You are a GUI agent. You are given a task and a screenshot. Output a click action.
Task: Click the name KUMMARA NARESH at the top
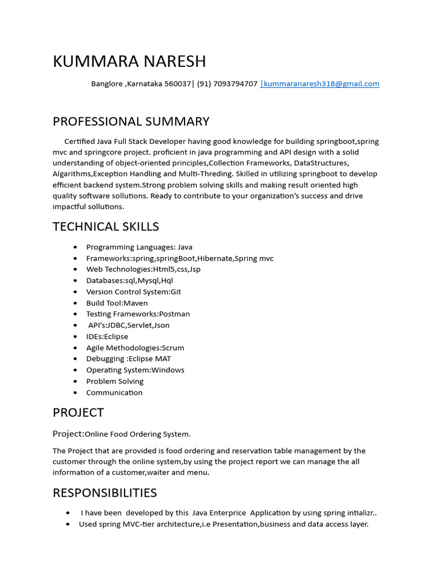pos(129,61)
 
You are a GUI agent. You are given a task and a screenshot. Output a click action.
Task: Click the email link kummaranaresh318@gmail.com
pos(321,84)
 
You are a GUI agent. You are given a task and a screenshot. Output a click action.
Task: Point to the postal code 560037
pos(177,84)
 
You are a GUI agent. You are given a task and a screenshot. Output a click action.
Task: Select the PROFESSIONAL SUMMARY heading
pos(131,121)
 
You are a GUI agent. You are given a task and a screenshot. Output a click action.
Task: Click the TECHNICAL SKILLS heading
pos(106,227)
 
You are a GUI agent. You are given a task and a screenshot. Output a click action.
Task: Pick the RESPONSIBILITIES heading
pos(105,493)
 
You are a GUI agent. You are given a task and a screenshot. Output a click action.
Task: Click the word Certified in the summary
pos(80,142)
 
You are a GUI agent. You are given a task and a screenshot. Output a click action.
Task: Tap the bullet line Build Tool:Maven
pos(117,303)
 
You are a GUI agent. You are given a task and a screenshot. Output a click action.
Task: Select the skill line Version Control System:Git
pos(134,292)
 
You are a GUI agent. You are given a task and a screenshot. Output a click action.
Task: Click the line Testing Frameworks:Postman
pos(138,314)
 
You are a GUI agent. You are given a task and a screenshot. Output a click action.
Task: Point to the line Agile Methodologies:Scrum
pos(135,348)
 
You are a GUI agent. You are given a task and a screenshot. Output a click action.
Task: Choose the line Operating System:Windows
pos(135,370)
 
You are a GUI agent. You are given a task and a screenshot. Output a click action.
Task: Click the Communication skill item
pos(114,393)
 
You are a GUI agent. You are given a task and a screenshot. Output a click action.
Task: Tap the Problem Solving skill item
pos(114,381)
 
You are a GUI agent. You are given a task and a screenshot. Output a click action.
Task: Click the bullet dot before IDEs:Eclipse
pos(75,336)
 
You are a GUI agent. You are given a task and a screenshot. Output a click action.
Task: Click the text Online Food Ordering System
pos(138,434)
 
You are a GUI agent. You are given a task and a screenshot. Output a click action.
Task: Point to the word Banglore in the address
pos(107,84)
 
